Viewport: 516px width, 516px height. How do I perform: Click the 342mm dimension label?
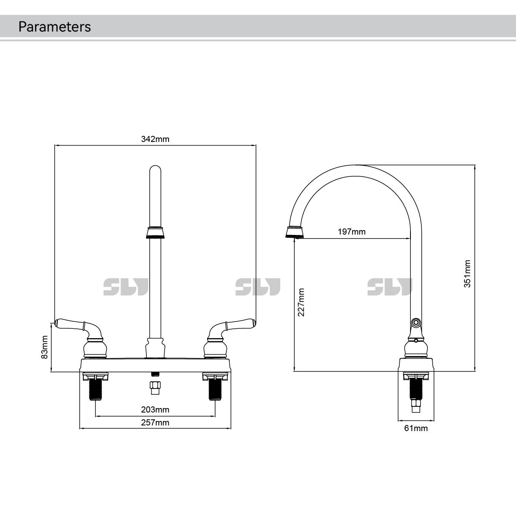click(155, 139)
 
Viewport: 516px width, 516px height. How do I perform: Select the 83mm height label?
click(45, 347)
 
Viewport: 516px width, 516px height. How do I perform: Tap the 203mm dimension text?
click(155, 410)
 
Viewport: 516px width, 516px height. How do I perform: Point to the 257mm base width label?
click(155, 423)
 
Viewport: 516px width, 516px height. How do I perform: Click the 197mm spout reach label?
click(351, 232)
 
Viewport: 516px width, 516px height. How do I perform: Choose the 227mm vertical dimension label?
click(301, 302)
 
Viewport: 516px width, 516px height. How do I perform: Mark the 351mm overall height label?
click(467, 274)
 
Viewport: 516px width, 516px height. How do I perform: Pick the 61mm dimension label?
click(416, 428)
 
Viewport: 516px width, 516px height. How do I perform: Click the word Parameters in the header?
click(55, 27)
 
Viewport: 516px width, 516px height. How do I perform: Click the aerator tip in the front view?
click(155, 233)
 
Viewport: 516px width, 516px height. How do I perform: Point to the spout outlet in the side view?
click(294, 232)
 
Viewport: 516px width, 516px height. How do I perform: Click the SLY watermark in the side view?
click(389, 287)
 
